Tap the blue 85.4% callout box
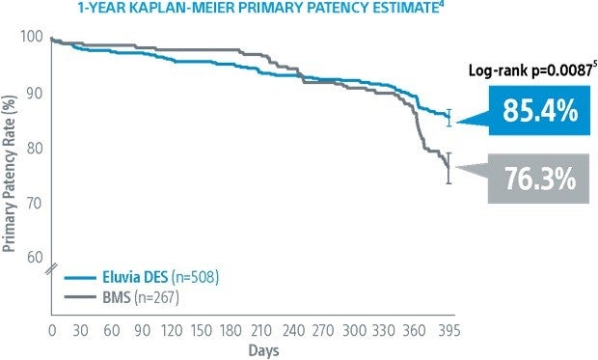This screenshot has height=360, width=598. point(539,112)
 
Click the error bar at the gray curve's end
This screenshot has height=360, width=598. point(448,167)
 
